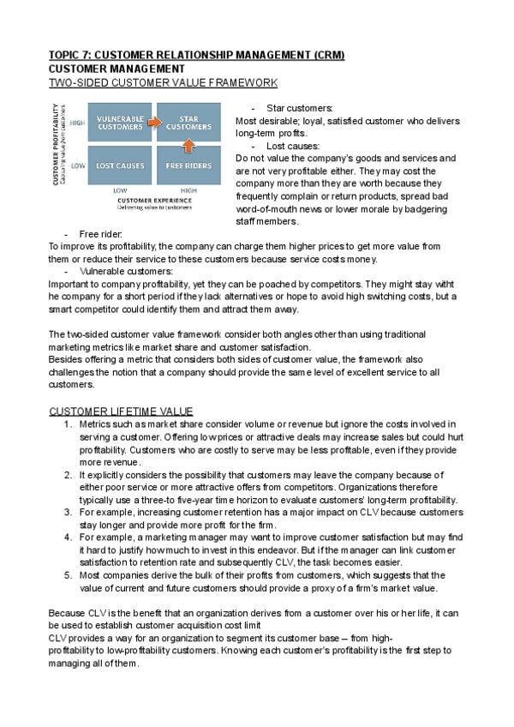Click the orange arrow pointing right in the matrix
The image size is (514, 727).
pos(153,122)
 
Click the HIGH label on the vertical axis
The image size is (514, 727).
pos(77,123)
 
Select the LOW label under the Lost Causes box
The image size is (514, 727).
pos(120,190)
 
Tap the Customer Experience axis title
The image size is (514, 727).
pos(154,199)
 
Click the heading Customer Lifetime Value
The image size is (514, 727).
pos(121,412)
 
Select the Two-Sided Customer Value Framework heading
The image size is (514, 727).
pos(163,82)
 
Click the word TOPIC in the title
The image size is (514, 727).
pos(66,55)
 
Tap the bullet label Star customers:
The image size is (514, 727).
pos(299,109)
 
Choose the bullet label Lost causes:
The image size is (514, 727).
pos(295,146)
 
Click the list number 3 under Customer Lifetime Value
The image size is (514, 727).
pos(68,511)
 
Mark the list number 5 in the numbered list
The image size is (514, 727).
pos(68,574)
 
